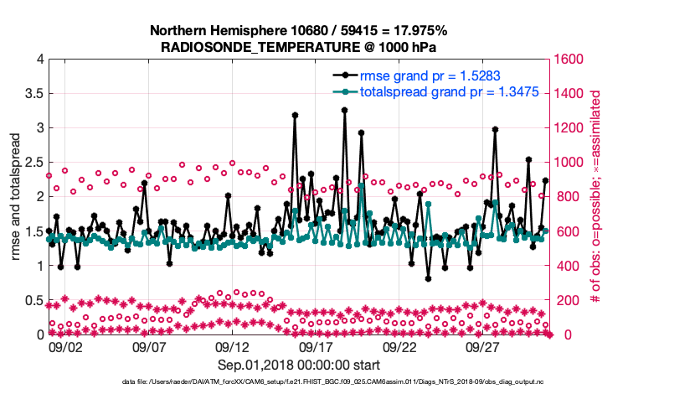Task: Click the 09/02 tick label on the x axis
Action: tap(64, 345)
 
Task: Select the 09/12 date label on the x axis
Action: tap(232, 345)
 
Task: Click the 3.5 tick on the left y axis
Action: tap(33, 93)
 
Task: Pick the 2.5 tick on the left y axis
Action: tap(33, 162)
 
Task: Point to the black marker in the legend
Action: tap(343, 75)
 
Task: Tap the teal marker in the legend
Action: tap(343, 92)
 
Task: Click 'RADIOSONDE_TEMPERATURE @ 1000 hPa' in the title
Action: tap(298, 47)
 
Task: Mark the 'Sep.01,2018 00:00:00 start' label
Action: tap(298, 365)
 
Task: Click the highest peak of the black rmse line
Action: tap(345, 109)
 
